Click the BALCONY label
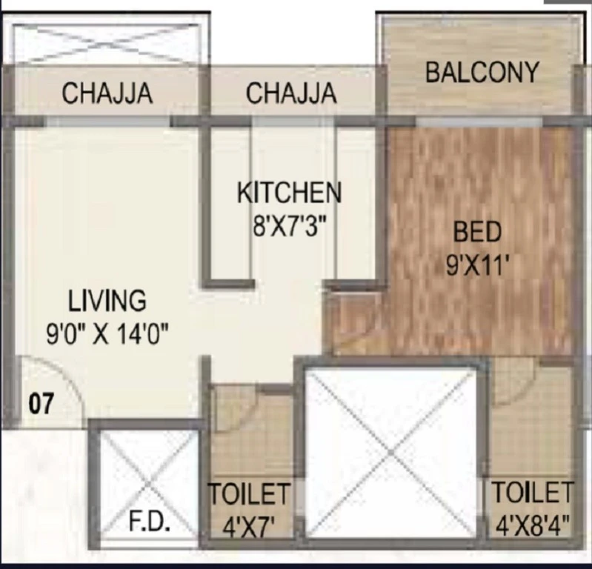(x=482, y=73)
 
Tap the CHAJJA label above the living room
(x=107, y=93)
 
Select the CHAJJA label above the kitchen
(x=291, y=93)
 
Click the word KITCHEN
(x=289, y=193)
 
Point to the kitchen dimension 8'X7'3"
(x=289, y=225)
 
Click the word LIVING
(x=107, y=301)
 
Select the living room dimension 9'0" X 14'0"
(x=107, y=334)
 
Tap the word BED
(x=478, y=231)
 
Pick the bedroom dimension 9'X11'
(x=479, y=265)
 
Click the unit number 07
(x=41, y=403)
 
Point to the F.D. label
(x=149, y=522)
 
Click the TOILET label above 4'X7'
(x=250, y=494)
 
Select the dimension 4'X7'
(x=248, y=527)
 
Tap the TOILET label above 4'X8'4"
(x=532, y=492)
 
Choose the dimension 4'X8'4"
(x=532, y=525)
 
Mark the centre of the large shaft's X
(x=390, y=452)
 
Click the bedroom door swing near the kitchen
(x=362, y=321)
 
